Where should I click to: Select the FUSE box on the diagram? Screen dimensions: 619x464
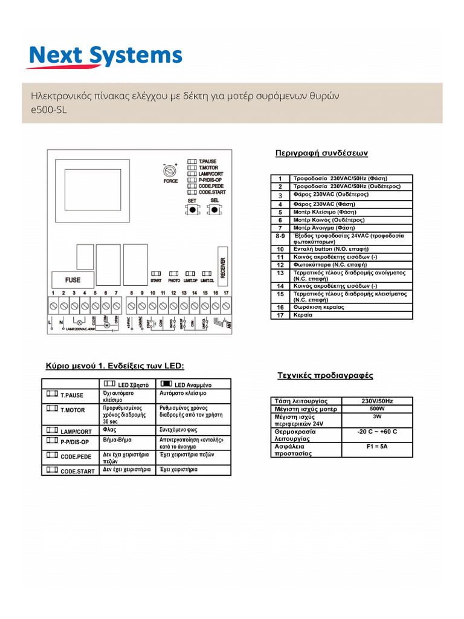[68, 280]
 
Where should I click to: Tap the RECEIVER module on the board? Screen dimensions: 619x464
[222, 265]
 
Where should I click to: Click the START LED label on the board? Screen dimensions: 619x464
[155, 280]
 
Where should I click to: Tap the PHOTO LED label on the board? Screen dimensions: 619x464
[175, 280]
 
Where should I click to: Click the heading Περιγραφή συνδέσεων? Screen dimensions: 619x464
[321, 153]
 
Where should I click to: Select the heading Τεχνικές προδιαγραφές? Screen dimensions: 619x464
[324, 375]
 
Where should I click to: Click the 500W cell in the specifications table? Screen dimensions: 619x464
[377, 409]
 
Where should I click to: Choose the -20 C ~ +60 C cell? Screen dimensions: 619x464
[377, 432]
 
